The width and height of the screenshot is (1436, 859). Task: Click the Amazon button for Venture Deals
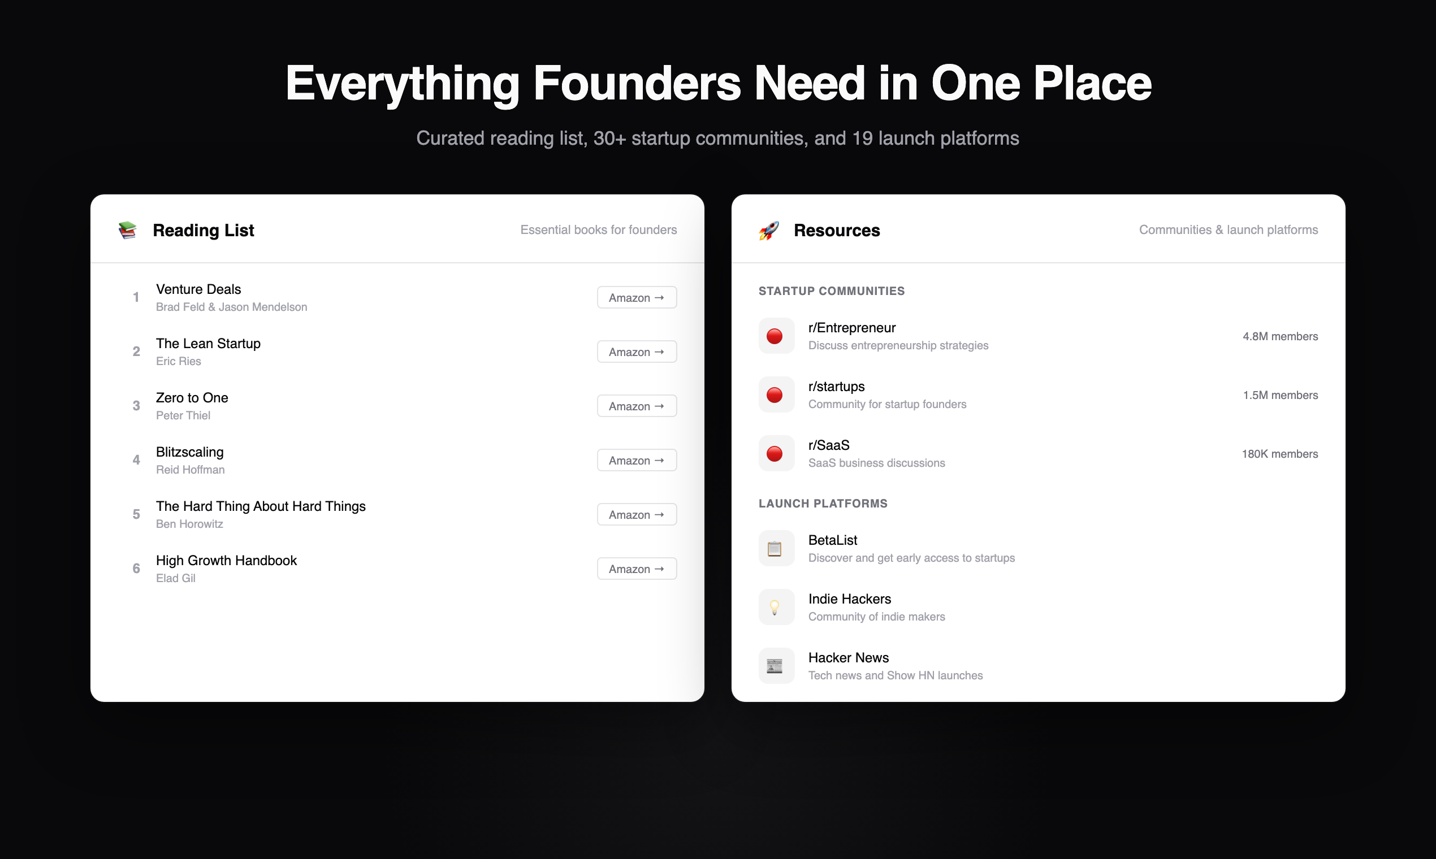click(x=637, y=297)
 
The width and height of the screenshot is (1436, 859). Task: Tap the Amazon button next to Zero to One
click(x=637, y=406)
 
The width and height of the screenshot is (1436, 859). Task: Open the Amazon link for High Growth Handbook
click(x=637, y=569)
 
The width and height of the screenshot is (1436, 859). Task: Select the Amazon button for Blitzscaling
click(x=637, y=461)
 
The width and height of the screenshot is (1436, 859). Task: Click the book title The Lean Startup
click(x=208, y=343)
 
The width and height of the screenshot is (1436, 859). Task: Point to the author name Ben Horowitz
click(x=189, y=524)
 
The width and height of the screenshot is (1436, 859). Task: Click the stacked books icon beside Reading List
click(x=127, y=231)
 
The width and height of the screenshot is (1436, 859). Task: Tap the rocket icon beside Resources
click(x=768, y=231)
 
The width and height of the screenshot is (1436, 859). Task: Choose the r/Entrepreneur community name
click(x=852, y=328)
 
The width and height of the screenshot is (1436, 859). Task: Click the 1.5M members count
click(x=1280, y=396)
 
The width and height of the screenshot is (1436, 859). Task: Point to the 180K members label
click(x=1279, y=454)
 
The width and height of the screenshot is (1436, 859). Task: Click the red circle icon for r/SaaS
click(x=775, y=454)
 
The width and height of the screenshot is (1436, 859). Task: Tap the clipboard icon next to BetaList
click(x=775, y=549)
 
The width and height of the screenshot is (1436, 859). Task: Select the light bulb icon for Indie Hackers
click(x=775, y=607)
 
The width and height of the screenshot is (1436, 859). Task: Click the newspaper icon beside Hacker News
click(x=775, y=666)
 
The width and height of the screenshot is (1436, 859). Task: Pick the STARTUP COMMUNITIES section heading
click(x=832, y=291)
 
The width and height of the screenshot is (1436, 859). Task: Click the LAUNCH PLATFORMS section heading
click(x=823, y=504)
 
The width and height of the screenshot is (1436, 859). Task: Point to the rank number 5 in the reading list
click(x=136, y=515)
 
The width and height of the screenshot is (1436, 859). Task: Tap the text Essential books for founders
click(x=598, y=230)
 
